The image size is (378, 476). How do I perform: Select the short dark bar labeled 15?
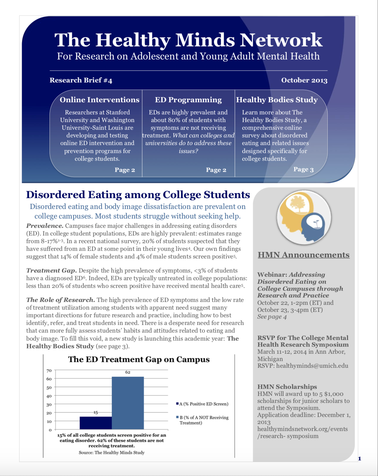coord(95,423)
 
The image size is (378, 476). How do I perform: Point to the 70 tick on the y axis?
coord(49,371)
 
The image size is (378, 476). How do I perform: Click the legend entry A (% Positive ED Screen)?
coord(202,404)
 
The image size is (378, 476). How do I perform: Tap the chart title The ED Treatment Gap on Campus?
coord(139,359)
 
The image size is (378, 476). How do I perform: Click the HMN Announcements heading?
coord(303,255)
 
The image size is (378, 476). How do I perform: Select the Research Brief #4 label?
coord(81,80)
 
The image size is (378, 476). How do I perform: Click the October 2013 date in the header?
coord(304,80)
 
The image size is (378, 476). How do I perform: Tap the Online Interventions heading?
coord(99,100)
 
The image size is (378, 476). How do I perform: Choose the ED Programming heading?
coord(188,100)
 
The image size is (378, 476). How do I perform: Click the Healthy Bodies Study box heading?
coord(277,100)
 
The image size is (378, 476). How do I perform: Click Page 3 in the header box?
coord(303,169)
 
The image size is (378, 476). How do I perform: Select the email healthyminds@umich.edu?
coord(312,366)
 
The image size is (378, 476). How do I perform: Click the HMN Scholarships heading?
coord(287,387)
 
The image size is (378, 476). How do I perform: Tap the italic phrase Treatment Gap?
coord(51,271)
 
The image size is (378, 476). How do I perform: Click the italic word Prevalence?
coord(45,226)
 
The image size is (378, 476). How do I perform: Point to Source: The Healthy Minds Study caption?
coord(111,452)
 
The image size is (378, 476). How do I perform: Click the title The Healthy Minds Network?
coord(188,40)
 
